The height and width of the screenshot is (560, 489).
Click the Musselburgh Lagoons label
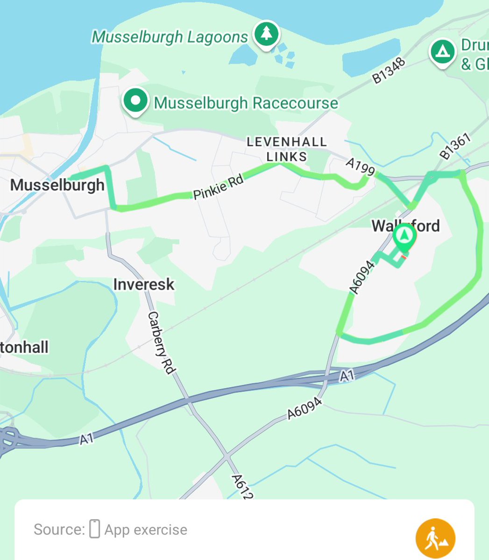pos(170,37)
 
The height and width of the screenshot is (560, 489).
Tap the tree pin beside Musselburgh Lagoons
pos(266,34)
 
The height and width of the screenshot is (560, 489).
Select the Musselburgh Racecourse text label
pos(246,103)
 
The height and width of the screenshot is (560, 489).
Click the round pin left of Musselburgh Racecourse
pos(135,100)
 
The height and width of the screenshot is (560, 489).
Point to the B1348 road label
pos(389,71)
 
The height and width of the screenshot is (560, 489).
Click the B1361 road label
pos(455,147)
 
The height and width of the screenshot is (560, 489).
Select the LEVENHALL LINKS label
pos(287,149)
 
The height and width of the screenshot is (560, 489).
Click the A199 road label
pos(360,167)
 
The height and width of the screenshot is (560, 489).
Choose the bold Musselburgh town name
pos(57,185)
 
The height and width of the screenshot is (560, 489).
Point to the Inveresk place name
pos(144,284)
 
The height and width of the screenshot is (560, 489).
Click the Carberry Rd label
pos(161,343)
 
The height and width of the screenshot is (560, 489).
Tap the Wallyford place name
pos(405,226)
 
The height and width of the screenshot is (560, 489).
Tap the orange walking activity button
pos(435,538)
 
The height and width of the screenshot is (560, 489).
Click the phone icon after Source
pos(95,529)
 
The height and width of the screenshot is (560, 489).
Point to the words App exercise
pos(146,530)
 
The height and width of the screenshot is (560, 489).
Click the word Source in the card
pos(58,530)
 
